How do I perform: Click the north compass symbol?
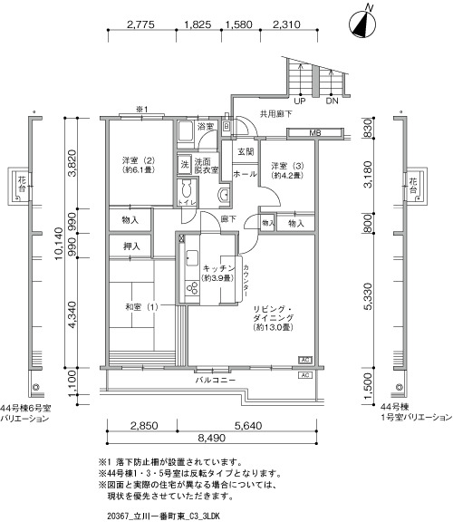[x=363, y=24]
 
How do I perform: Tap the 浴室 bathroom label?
[x=206, y=127]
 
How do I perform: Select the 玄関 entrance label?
[x=246, y=151]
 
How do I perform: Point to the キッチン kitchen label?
[x=218, y=268]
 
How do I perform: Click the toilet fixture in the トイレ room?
[x=187, y=188]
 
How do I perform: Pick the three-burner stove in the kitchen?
[x=192, y=288]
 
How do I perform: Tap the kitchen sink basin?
[x=192, y=258]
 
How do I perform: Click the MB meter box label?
[x=315, y=133]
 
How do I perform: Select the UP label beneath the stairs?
[x=300, y=101]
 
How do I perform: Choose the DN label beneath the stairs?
[x=332, y=101]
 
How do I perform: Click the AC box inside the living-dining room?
[x=305, y=360]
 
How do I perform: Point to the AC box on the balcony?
[x=305, y=375]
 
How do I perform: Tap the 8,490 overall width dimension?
[x=212, y=438]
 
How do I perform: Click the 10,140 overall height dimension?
[x=59, y=244]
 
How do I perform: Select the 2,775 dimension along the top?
[x=140, y=24]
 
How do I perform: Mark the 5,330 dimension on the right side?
[x=368, y=296]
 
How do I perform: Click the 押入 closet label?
[x=131, y=246]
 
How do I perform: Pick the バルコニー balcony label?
[x=216, y=380]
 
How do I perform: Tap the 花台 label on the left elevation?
[x=22, y=184]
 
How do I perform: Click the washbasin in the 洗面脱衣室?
[x=224, y=195]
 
